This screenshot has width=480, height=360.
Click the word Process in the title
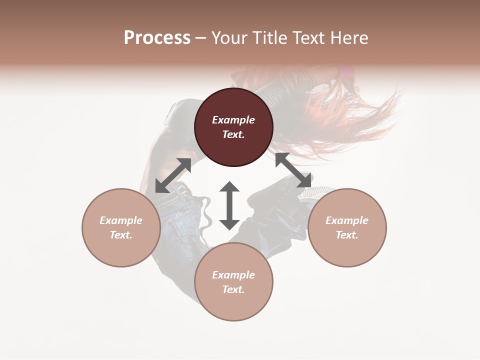coord(157,38)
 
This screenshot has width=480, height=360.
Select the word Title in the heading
coord(270,38)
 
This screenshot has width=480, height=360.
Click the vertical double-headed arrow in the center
coord(229,205)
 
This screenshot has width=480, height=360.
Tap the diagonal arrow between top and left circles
coord(173,175)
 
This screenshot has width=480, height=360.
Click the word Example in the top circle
coord(233,120)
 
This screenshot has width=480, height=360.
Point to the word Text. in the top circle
coord(233,134)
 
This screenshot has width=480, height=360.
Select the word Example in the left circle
coord(121,220)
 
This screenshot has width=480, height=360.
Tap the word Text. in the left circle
coord(121,235)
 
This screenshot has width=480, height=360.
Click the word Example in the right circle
coord(347,220)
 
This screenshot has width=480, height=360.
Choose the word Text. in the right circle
coord(347,235)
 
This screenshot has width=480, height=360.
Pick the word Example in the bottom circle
coord(233,275)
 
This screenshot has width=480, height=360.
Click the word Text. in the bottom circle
coord(233,289)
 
